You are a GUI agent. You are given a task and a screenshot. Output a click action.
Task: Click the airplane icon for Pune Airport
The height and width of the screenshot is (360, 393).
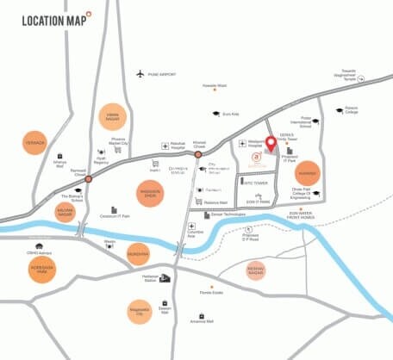point(140,72)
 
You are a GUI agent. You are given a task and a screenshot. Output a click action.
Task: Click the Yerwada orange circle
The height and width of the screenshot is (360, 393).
point(33,142)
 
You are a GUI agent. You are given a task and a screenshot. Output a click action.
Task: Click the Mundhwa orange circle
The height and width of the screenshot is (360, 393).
point(138,254)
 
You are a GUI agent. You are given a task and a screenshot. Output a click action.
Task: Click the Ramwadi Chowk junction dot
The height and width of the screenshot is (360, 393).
point(88,179)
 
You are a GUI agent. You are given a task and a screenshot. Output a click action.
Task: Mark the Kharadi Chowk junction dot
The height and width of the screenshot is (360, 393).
point(198,155)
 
